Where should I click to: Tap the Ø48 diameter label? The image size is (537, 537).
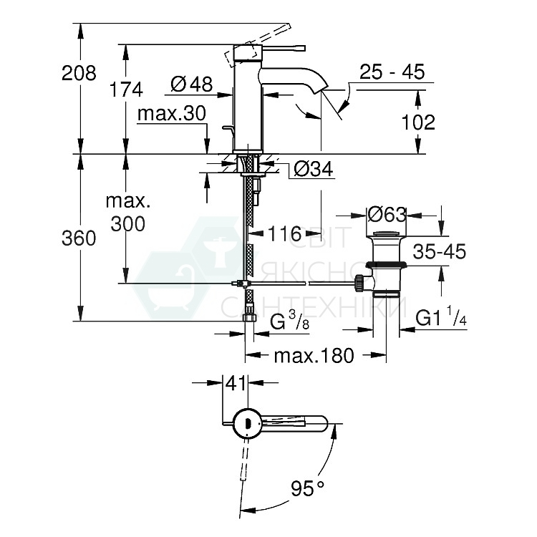(x=192, y=84)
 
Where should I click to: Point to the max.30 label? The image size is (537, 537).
(x=172, y=113)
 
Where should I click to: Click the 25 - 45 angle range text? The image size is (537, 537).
(x=392, y=72)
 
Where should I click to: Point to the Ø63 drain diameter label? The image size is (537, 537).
(x=386, y=214)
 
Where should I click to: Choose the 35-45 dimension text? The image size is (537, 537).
(x=437, y=251)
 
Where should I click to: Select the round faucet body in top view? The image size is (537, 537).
(x=246, y=423)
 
